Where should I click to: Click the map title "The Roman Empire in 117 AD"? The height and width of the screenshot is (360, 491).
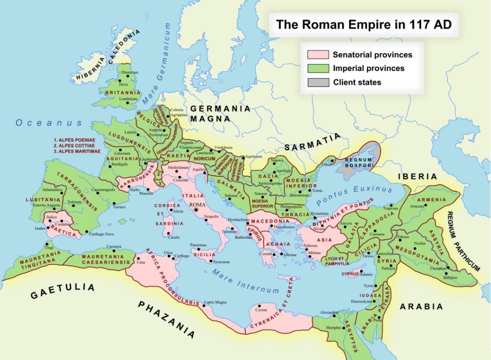(363, 25)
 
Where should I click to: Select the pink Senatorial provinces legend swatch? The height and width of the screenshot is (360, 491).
(315, 55)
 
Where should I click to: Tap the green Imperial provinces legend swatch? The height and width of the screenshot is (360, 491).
(315, 69)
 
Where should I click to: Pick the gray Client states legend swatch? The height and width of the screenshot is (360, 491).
(315, 82)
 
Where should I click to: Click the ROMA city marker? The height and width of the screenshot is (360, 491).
(196, 210)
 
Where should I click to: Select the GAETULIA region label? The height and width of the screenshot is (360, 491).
(62, 290)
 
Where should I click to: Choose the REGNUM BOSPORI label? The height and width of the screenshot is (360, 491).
(359, 162)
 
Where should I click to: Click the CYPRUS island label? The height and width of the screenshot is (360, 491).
(350, 274)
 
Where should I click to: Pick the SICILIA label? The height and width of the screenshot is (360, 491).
(205, 255)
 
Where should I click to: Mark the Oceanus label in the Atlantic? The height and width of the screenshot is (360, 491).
(49, 123)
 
